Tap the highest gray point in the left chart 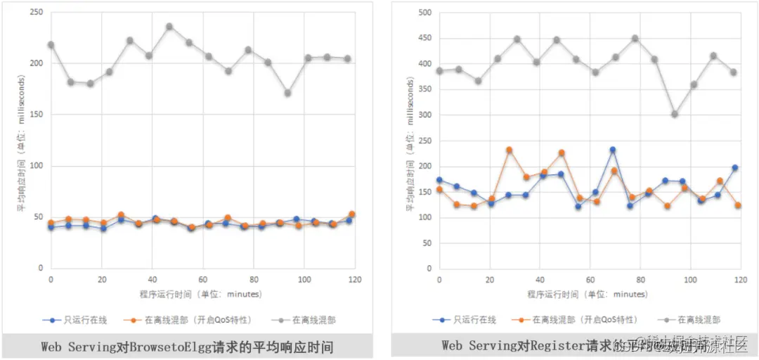tap(169, 27)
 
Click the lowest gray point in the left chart tap(287, 93)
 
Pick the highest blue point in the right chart tap(613, 150)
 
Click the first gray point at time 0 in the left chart tap(51, 45)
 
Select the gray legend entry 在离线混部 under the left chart tap(305, 320)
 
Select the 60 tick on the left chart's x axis tap(202, 280)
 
